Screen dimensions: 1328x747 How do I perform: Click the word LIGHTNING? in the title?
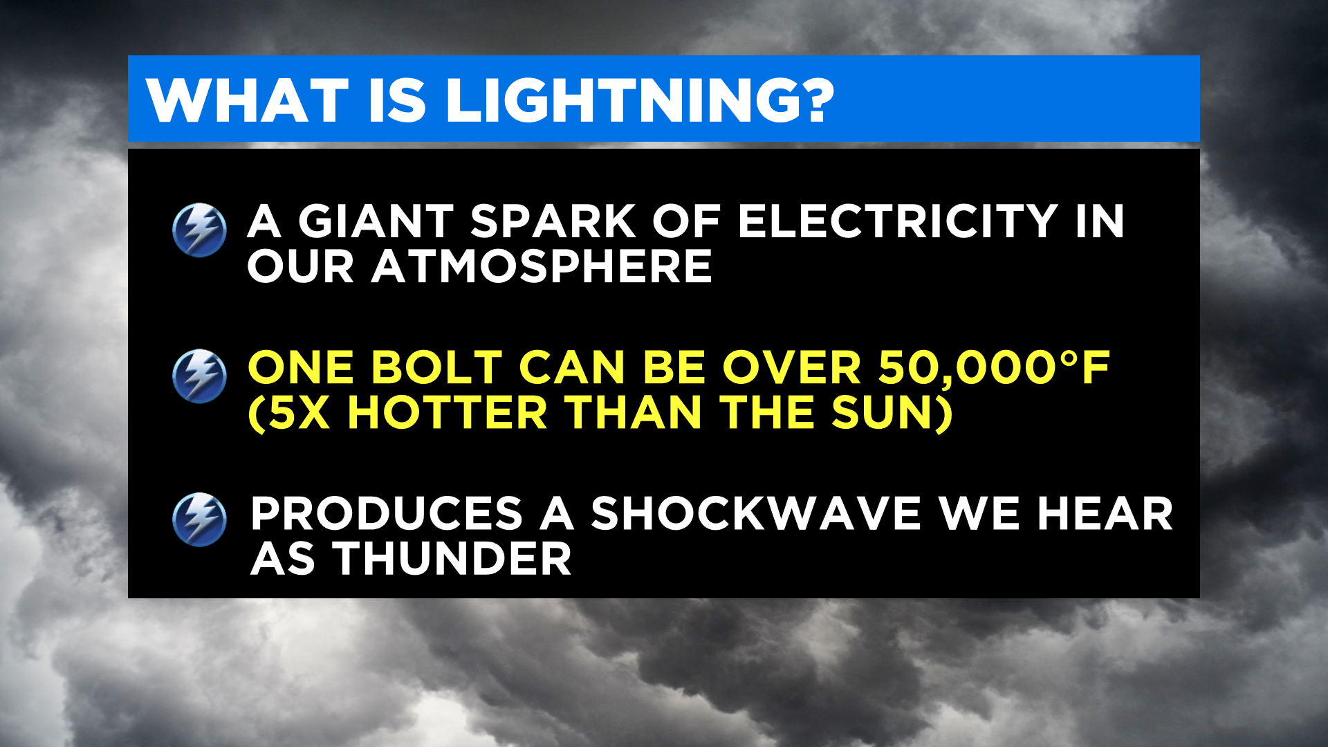pos(640,100)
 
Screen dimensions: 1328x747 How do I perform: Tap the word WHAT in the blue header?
pos(248,100)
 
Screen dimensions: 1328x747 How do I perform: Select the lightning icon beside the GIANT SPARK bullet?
pos(199,230)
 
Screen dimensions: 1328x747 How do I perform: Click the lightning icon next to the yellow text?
pos(199,376)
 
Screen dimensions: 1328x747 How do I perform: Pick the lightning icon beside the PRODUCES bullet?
pos(199,520)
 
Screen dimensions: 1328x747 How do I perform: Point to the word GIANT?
pos(376,221)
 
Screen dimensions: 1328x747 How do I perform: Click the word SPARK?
pos(553,221)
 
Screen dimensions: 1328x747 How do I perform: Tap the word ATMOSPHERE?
pos(542,266)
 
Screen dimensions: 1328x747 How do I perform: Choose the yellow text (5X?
pos(288,413)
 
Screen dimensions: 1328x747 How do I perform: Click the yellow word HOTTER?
pos(448,413)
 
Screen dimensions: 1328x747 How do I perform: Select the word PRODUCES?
pos(387,514)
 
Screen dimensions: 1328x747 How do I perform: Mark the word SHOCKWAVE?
pos(756,514)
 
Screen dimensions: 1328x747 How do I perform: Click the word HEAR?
pos(1105,514)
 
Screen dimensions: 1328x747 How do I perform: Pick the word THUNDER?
pos(452,559)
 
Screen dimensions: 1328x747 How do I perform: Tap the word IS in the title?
pos(397,100)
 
